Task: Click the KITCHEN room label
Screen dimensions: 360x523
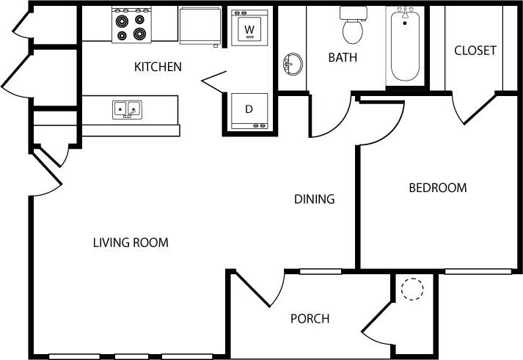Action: point(158,67)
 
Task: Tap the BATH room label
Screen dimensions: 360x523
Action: point(343,57)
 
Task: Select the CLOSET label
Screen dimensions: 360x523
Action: point(475,51)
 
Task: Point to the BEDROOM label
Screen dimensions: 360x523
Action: point(437,188)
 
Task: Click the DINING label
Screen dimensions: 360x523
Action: point(314,199)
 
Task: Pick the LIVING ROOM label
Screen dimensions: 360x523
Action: point(131,242)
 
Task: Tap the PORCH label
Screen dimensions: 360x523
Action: point(310,318)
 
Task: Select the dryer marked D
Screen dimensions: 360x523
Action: point(249,111)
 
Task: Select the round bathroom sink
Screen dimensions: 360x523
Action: point(291,65)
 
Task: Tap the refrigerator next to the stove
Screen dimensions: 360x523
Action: point(199,25)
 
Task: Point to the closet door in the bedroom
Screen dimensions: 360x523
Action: point(470,110)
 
